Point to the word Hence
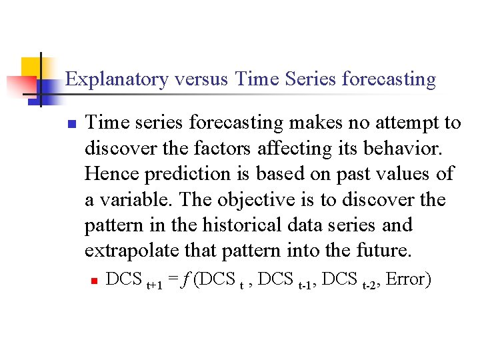[x=110, y=174]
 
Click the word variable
[x=137, y=200]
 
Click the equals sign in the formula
[x=173, y=279]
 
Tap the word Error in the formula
[x=407, y=279]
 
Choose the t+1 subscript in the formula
[x=154, y=284]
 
